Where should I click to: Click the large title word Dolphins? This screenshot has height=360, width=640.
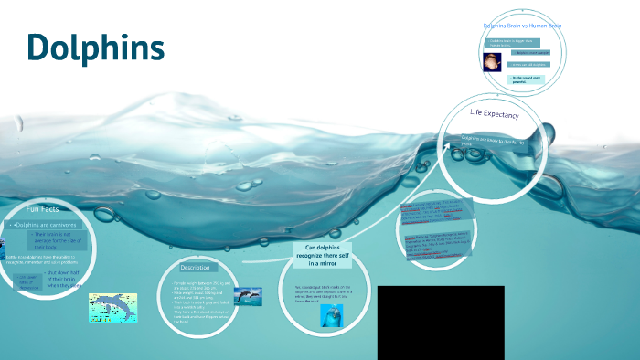(95, 48)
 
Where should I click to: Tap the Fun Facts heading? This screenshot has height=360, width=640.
(43, 209)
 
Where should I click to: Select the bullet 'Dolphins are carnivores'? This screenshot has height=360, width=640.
(45, 224)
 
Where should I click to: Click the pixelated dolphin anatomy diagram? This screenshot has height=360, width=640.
(112, 307)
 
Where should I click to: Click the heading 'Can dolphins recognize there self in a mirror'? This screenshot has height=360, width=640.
(322, 255)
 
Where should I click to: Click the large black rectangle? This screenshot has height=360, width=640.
(441, 323)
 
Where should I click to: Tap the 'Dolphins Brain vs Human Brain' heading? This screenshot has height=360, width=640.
(522, 26)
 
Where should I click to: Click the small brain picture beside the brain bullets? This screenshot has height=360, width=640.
(492, 62)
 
